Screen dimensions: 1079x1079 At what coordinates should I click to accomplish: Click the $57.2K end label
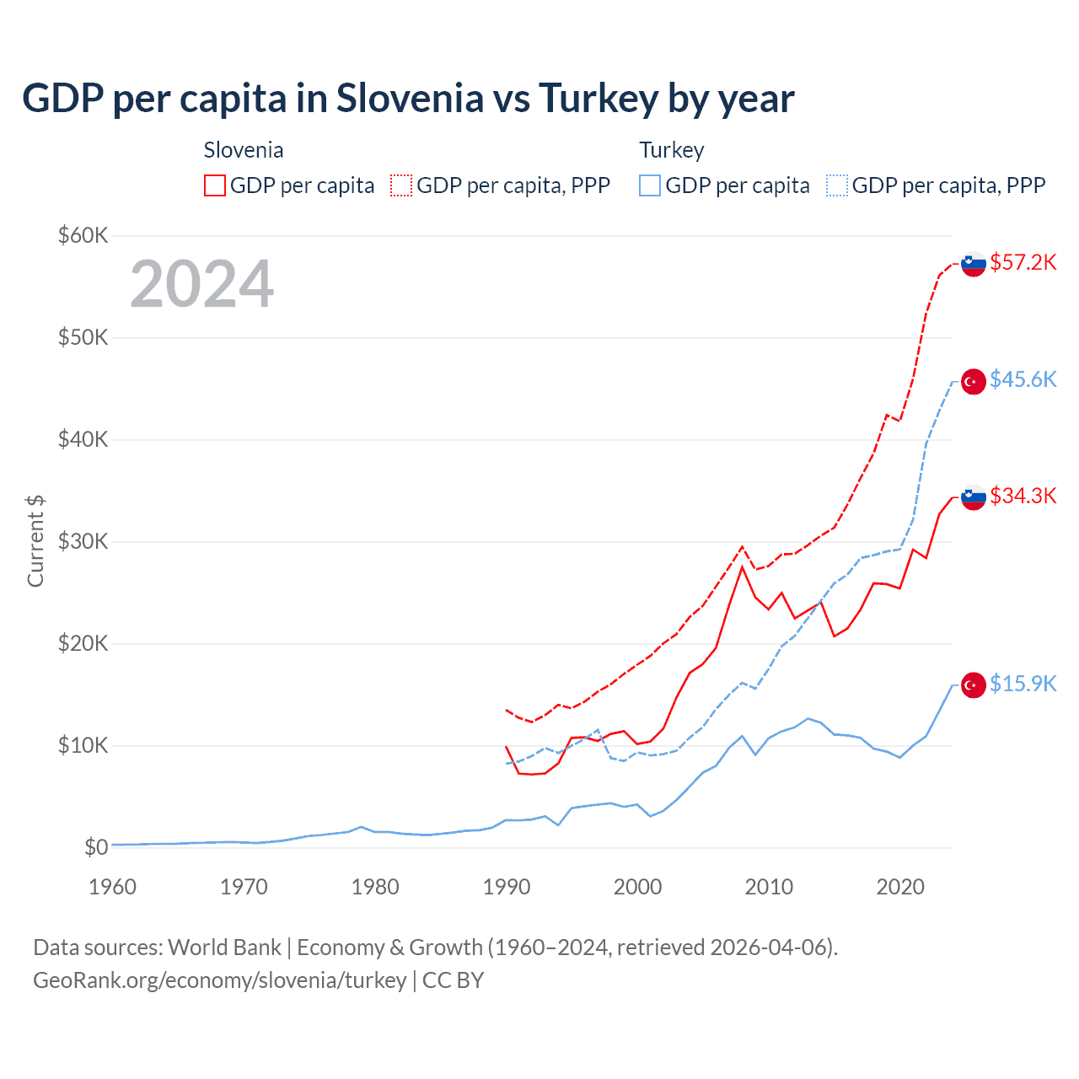click(x=1023, y=262)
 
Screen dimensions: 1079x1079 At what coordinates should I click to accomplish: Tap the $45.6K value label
click(x=1023, y=379)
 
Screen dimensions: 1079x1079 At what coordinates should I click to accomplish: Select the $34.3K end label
click(x=1023, y=496)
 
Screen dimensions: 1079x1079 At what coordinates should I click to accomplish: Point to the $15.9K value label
click(x=1023, y=684)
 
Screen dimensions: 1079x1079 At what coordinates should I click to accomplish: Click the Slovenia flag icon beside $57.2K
click(x=974, y=264)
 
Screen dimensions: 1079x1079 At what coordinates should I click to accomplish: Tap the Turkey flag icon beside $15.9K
click(x=974, y=685)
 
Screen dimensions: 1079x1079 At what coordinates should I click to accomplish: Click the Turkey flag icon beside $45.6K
click(x=974, y=381)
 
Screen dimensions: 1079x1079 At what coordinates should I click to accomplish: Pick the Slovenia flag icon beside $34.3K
click(x=974, y=497)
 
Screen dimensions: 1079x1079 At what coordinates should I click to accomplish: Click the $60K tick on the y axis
click(x=83, y=235)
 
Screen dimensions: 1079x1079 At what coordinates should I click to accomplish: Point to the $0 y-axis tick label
click(x=96, y=847)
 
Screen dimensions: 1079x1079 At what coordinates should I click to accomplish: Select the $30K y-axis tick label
click(x=83, y=541)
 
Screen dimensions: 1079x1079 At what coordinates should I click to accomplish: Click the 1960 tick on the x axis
click(x=112, y=887)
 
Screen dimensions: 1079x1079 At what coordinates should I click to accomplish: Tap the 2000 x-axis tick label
click(x=637, y=887)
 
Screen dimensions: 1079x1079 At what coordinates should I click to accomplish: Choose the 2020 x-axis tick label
click(x=900, y=887)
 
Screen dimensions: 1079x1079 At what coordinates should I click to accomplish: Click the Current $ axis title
click(x=35, y=541)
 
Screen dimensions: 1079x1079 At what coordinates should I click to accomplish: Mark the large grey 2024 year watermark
click(x=202, y=284)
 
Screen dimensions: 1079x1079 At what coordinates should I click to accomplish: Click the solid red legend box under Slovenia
click(x=214, y=185)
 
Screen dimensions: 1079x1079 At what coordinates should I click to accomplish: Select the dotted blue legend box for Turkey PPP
click(x=836, y=185)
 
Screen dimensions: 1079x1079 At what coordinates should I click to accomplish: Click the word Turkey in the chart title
click(x=598, y=99)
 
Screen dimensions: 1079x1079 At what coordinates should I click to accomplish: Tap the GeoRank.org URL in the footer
click(x=220, y=980)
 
